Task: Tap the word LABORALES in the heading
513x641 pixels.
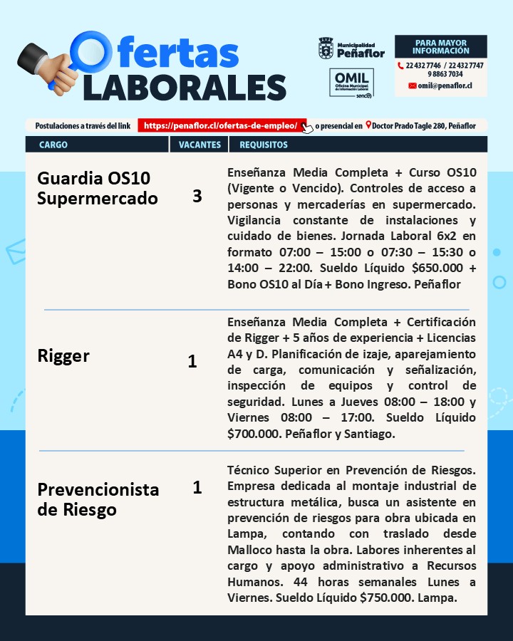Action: (185, 87)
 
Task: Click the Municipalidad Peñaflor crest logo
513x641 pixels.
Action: (326, 48)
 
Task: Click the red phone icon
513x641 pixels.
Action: (400, 66)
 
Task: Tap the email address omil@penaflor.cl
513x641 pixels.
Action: (445, 85)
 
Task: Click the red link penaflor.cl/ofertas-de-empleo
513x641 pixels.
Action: (221, 125)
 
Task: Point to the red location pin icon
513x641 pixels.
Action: (368, 125)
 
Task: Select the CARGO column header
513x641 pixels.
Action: (54, 145)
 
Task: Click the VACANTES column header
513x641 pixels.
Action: (199, 145)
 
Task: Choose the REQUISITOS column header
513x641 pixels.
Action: (264, 145)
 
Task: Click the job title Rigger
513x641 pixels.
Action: (63, 356)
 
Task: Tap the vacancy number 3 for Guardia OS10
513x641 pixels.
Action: (197, 197)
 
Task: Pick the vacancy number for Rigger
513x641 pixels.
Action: (192, 362)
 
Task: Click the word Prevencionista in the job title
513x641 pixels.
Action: (98, 490)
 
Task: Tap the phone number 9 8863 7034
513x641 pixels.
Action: (445, 74)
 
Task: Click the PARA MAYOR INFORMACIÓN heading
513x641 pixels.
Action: (441, 46)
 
